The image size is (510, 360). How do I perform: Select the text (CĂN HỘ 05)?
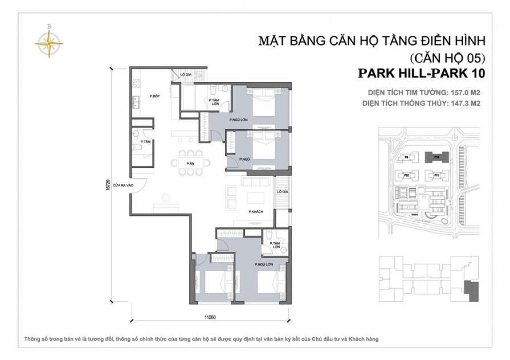[447, 58]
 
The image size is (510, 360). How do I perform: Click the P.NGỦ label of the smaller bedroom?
[246, 158]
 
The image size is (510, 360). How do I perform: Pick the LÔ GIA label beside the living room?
[283, 193]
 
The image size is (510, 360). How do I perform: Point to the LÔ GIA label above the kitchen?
[186, 75]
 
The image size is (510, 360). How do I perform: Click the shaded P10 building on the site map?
[435, 156]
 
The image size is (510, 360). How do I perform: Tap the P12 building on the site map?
[408, 175]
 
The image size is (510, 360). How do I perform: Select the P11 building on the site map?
[435, 175]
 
